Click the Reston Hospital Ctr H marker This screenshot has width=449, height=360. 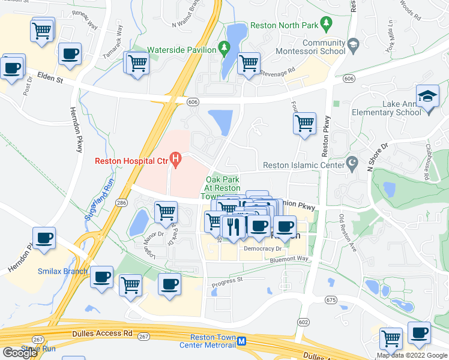click(x=175, y=160)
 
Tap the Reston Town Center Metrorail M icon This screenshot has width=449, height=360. click(x=241, y=341)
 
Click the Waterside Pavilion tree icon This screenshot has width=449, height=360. click(x=223, y=47)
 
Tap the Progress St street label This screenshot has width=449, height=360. click(x=226, y=279)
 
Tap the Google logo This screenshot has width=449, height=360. click(x=20, y=353)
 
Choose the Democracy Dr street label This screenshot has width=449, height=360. click(x=263, y=248)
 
